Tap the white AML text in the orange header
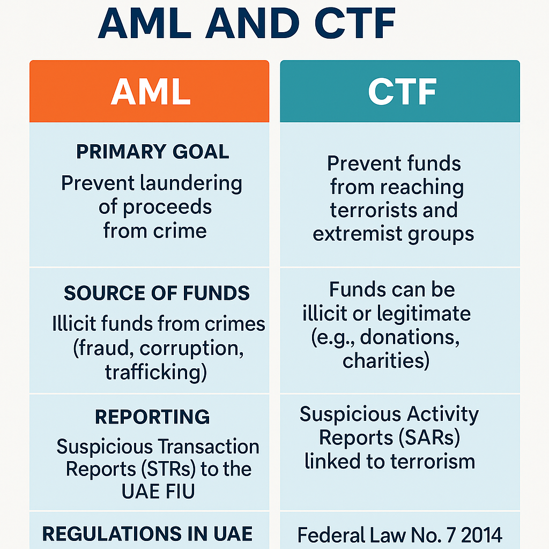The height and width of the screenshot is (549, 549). [x=151, y=92]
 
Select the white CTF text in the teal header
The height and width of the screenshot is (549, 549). [x=402, y=92]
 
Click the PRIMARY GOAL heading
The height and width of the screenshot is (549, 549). [x=153, y=152]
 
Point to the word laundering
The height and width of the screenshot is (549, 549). [x=191, y=184]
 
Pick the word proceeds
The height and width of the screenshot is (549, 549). [x=167, y=207]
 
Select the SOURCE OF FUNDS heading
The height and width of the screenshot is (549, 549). [x=157, y=293]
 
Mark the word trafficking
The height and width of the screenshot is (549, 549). [x=156, y=372]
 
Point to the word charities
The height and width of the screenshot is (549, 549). [x=386, y=361]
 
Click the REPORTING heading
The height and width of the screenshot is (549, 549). [x=152, y=417]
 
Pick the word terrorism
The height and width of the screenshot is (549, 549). [x=433, y=462]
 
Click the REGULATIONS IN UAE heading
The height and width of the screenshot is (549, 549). [x=147, y=534]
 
